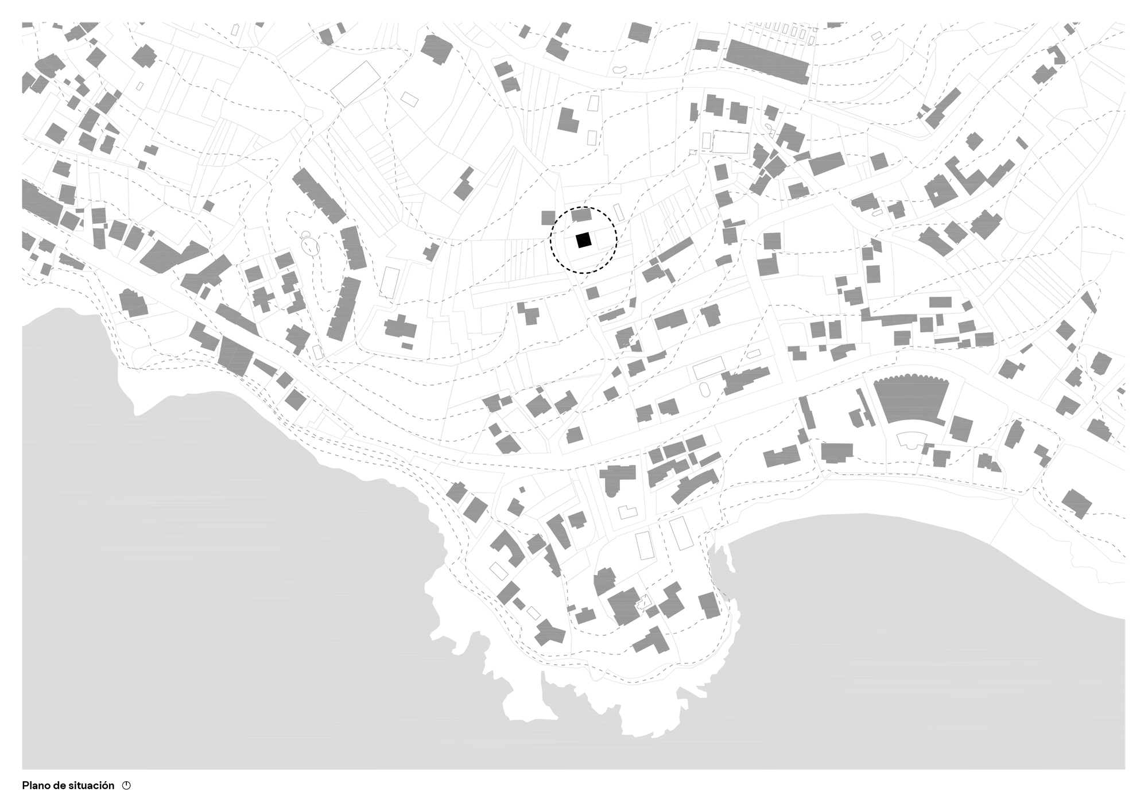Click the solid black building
(x=584, y=240)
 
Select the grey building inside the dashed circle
(x=582, y=216)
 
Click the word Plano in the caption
(x=36, y=786)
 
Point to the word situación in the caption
(x=92, y=786)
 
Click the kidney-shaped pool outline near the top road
(x=619, y=69)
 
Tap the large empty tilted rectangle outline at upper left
(x=356, y=84)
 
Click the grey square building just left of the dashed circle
(x=549, y=218)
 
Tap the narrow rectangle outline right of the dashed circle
(x=619, y=211)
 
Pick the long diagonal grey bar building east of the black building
(x=676, y=250)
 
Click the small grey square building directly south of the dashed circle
(x=592, y=293)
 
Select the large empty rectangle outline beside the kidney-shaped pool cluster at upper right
(x=731, y=142)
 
